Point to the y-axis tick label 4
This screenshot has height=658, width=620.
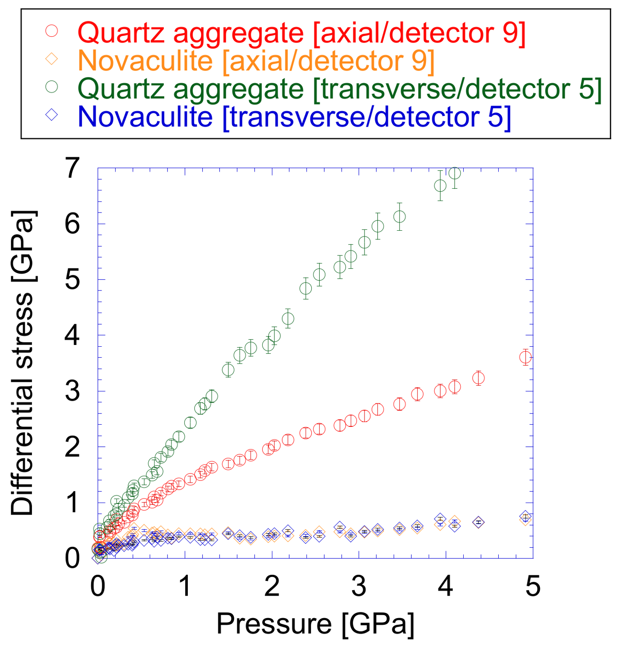click(x=72, y=335)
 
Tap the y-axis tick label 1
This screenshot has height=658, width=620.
click(x=72, y=503)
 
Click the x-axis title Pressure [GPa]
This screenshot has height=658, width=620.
click(x=315, y=623)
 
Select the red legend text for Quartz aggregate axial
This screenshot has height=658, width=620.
click(x=302, y=33)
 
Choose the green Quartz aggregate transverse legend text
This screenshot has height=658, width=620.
click(x=340, y=88)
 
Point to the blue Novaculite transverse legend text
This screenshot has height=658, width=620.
click(x=294, y=116)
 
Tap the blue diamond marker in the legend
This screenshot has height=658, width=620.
click(x=52, y=115)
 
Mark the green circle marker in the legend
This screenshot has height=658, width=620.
click(x=52, y=86)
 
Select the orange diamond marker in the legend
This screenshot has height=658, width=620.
click(x=52, y=58)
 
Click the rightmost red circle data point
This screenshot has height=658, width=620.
click(x=525, y=357)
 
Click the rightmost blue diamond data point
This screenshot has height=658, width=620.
click(x=525, y=516)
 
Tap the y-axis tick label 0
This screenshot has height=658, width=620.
click(x=72, y=558)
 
